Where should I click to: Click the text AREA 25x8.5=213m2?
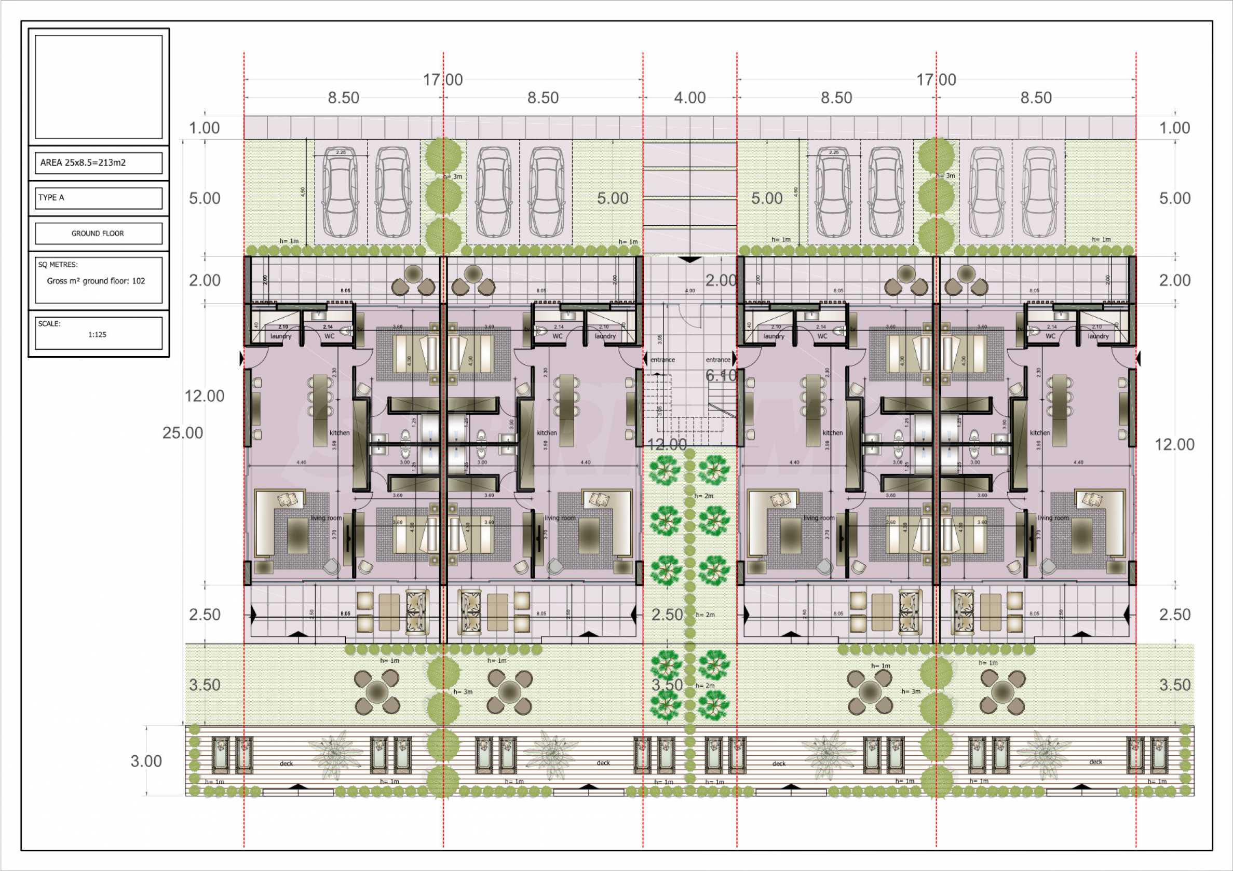pyautogui.click(x=83, y=162)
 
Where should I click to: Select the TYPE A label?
pyautogui.click(x=51, y=198)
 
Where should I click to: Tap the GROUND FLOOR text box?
pyautogui.click(x=98, y=234)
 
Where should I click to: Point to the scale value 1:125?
pyautogui.click(x=97, y=335)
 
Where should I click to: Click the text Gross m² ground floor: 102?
pyautogui.click(x=96, y=281)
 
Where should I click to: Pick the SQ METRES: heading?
pyautogui.click(x=58, y=265)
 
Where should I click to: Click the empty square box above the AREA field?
pyautogui.click(x=98, y=87)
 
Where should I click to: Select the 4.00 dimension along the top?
pyautogui.click(x=689, y=98)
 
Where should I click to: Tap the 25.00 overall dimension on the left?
pyautogui.click(x=183, y=433)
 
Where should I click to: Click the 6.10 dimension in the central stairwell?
pyautogui.click(x=721, y=375)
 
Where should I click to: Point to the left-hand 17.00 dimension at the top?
pyautogui.click(x=442, y=80)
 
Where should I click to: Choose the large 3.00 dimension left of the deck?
pyautogui.click(x=146, y=761)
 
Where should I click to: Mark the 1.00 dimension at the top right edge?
pyautogui.click(x=1174, y=128)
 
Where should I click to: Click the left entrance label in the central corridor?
pyautogui.click(x=662, y=360)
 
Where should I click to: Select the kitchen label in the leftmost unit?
pyautogui.click(x=340, y=433)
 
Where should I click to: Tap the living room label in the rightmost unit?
pyautogui.click(x=1053, y=518)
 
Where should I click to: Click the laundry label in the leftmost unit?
pyautogui.click(x=281, y=336)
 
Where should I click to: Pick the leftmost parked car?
pyautogui.click(x=341, y=192)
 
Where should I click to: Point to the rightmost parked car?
pyautogui.click(x=1039, y=192)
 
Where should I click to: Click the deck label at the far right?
pyautogui.click(x=1095, y=762)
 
